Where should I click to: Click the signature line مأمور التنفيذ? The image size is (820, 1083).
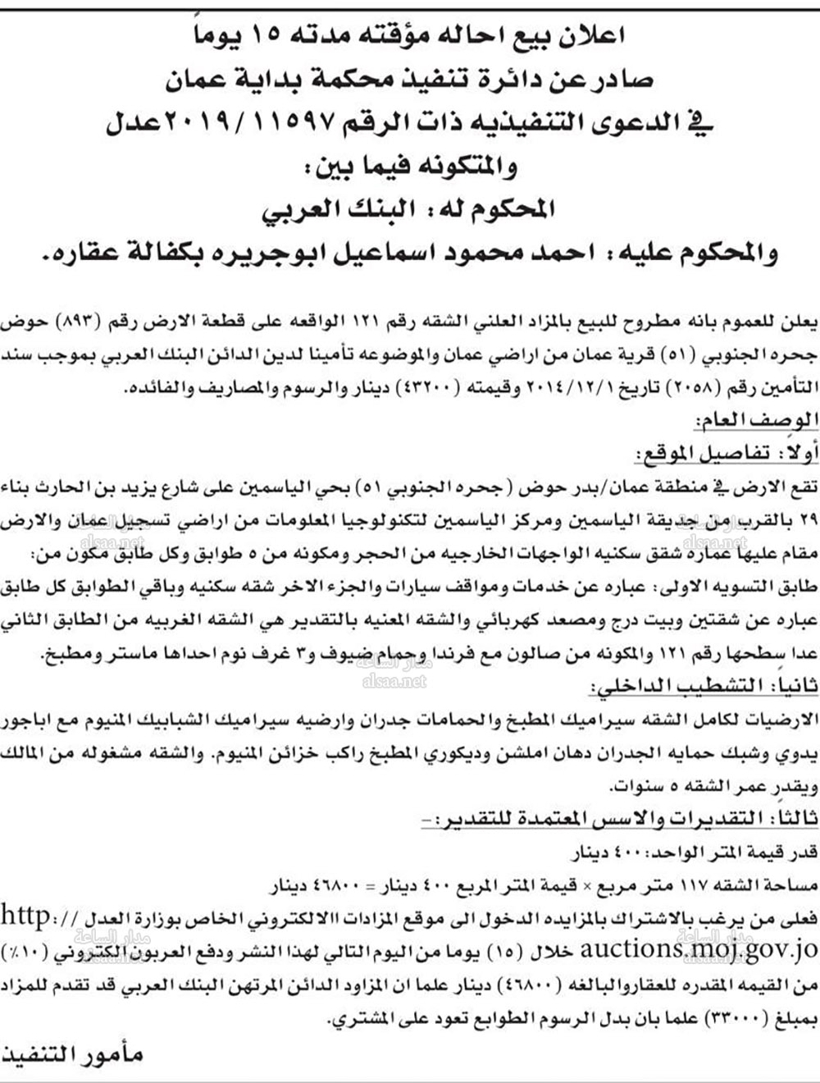pos(74,1054)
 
